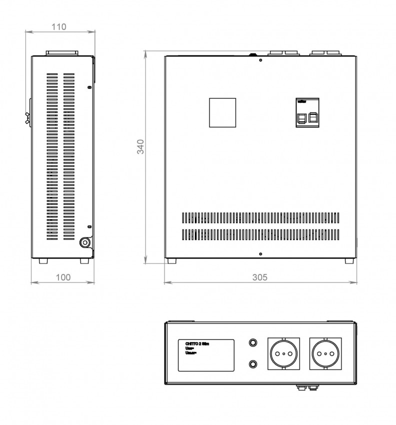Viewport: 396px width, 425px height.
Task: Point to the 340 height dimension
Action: pyautogui.click(x=141, y=146)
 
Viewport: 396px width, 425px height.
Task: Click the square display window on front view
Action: pyautogui.click(x=221, y=112)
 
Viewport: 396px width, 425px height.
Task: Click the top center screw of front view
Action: pyautogui.click(x=260, y=60)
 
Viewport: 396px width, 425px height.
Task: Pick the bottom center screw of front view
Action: pyautogui.click(x=260, y=254)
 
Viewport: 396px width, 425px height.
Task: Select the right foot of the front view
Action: pyautogui.click(x=349, y=260)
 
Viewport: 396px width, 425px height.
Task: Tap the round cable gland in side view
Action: pyautogui.click(x=85, y=242)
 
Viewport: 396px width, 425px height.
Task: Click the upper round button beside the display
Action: pyautogui.click(x=253, y=343)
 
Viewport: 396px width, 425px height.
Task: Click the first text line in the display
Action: pyautogui.click(x=198, y=343)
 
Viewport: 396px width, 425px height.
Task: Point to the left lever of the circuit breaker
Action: pyautogui.click(x=302, y=117)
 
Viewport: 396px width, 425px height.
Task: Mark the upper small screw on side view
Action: pyautogui.click(x=89, y=87)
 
